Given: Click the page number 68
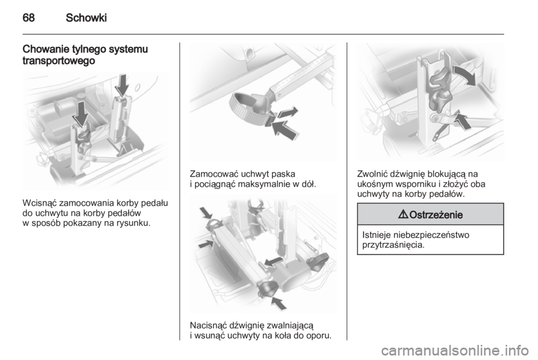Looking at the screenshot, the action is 29,17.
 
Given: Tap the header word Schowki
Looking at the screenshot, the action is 86,17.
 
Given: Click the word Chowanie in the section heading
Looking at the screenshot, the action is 46,49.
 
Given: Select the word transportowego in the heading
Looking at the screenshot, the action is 59,61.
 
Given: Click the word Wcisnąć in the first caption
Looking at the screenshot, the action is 39,203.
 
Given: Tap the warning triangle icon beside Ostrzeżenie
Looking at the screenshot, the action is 404,215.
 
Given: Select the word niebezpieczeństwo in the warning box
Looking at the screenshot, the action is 431,235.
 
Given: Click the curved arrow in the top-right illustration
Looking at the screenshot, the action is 466,74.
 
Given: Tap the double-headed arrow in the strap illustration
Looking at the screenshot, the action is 287,113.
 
